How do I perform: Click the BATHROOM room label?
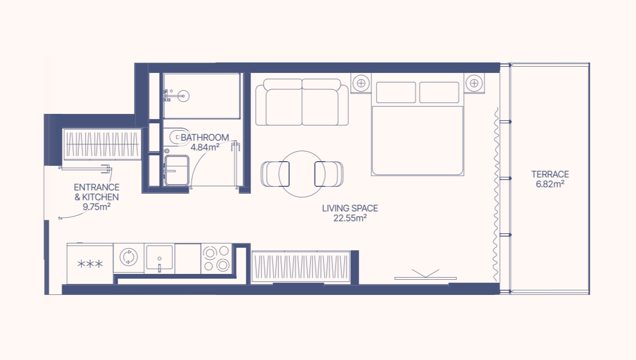pos(205,137)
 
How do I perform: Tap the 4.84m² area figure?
pos(205,147)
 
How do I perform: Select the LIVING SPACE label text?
pos(350,208)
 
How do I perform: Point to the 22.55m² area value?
pos(350,218)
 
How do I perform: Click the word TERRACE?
pos(550,174)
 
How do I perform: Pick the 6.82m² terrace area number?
pos(550,184)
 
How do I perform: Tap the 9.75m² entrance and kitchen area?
pos(97,207)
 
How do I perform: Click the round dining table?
pos(302,174)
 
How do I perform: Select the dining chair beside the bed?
pos(329,174)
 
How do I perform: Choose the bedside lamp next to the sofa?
pos(361,83)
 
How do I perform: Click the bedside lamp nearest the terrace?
pos(474,83)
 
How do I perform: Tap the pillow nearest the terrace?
pos(439,92)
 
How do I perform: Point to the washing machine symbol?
pos(129,257)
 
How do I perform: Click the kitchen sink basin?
pos(159,257)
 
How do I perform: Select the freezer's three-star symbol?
pos(90,264)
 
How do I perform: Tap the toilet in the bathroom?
pos(179,137)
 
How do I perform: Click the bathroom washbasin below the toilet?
pos(176,171)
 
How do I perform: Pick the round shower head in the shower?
pos(183,96)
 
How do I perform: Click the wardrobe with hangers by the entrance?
pos(102,144)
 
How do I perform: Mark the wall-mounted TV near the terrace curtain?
pos(425,278)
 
